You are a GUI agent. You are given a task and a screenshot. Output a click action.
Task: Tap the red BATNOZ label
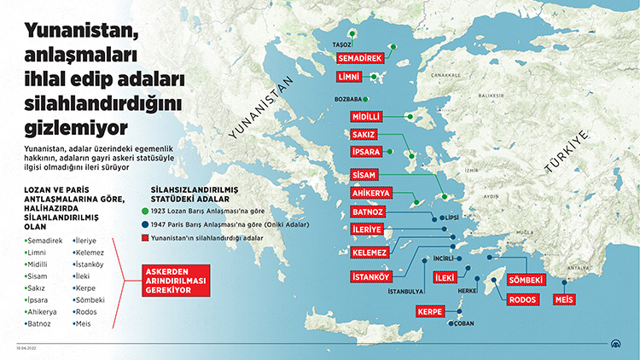[369, 212]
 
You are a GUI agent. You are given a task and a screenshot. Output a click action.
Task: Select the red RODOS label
[522, 299]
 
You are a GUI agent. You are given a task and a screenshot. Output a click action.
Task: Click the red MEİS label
[563, 299]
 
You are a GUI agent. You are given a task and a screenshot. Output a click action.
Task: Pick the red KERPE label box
[429, 312]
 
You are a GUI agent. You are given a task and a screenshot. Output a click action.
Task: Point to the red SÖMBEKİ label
[525, 280]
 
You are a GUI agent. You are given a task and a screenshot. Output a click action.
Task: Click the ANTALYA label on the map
[579, 268]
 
